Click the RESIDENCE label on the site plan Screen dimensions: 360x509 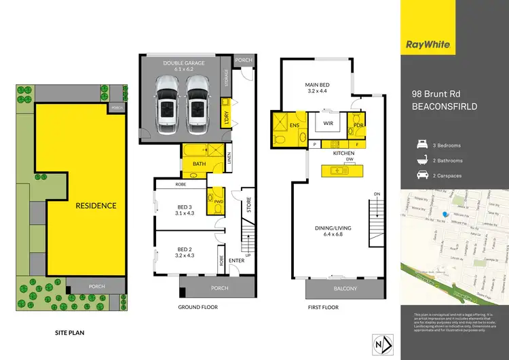pos(96,205)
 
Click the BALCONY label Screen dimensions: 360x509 pos(335,289)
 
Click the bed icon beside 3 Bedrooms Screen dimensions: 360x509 pos(421,145)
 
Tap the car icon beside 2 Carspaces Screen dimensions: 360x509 pos(421,176)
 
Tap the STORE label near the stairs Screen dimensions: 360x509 pos(248,205)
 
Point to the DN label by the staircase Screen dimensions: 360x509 pos(377,194)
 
